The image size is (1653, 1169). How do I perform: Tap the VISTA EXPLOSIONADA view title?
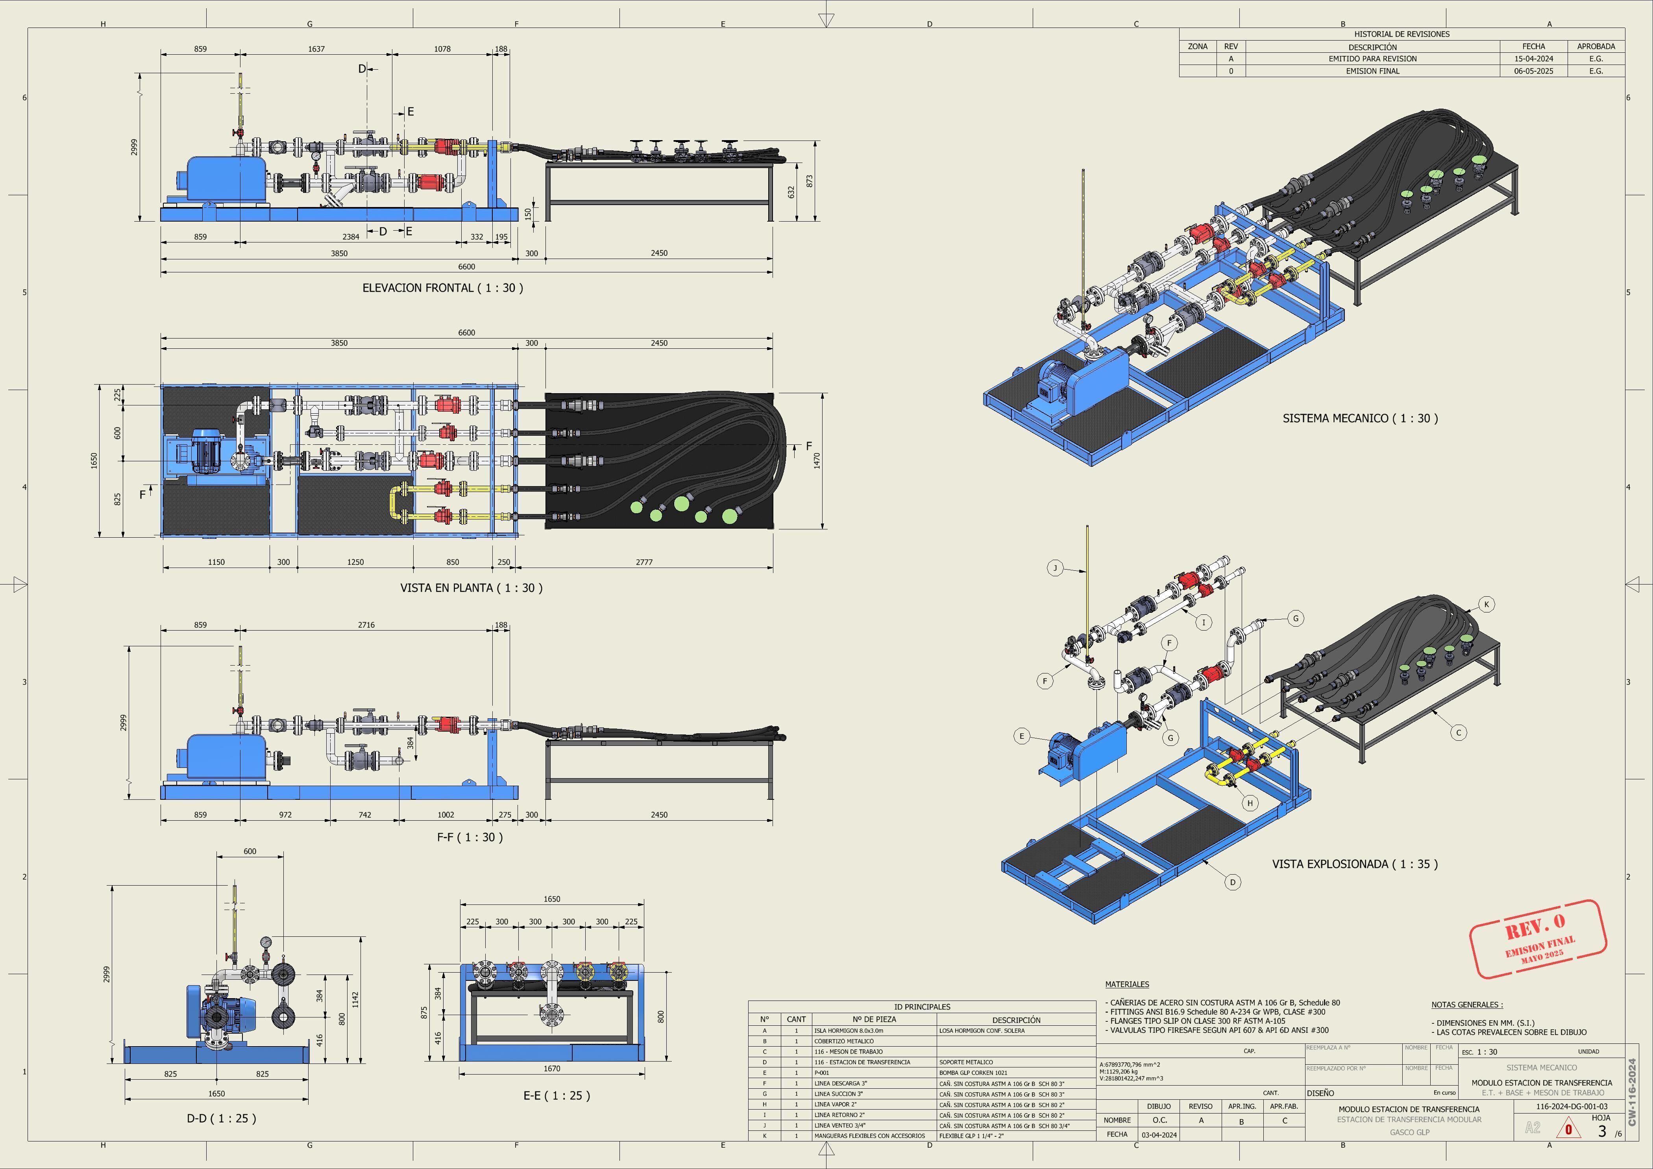tap(1354, 864)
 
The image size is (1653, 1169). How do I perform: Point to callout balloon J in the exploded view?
tap(1055, 568)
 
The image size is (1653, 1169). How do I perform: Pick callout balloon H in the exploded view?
tap(1250, 803)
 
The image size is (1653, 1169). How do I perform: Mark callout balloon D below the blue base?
tap(1233, 882)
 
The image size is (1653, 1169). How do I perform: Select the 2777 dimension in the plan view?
tap(644, 562)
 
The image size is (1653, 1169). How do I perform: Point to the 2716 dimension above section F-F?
tap(366, 625)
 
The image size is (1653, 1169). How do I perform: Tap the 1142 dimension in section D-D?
tap(355, 999)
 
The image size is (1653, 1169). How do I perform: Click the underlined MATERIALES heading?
tap(1127, 984)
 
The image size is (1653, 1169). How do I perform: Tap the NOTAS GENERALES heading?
tap(1466, 1004)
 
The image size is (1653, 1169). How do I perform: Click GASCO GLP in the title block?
tap(1409, 1132)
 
